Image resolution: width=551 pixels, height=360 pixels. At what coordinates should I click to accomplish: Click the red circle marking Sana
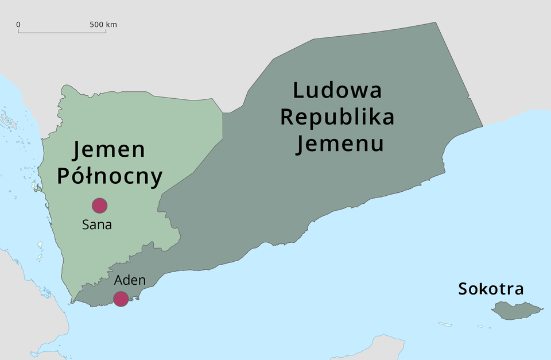(99, 205)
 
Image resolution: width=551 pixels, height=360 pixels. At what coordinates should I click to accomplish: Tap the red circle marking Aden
(121, 299)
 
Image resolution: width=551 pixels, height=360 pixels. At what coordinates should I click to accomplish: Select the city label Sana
(97, 224)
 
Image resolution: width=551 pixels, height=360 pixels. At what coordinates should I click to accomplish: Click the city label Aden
(130, 280)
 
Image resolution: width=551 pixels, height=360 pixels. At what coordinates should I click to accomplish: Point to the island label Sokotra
(491, 289)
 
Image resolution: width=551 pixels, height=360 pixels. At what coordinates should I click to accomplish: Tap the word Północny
(109, 176)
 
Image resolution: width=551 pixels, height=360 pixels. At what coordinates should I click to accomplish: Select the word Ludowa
(337, 91)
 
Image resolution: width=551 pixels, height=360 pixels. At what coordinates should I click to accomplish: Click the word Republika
(337, 117)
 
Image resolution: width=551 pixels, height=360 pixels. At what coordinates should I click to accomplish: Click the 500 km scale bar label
(103, 25)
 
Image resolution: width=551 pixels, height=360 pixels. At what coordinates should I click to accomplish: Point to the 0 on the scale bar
(18, 25)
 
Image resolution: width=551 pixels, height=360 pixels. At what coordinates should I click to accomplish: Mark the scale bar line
(62, 32)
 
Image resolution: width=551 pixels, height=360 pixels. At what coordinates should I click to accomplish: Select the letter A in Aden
(119, 280)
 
